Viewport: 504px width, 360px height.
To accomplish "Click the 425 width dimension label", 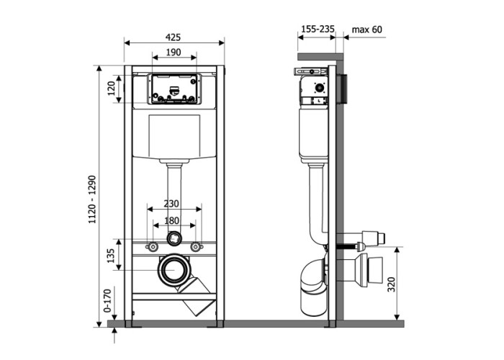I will (174, 37).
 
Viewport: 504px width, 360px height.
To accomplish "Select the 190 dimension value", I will (174, 53).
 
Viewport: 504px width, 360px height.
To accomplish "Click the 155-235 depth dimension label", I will (318, 30).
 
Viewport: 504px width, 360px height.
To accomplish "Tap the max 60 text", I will (367, 30).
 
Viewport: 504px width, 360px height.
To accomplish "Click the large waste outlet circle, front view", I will (174, 269).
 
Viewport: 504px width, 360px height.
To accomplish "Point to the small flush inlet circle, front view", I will (174, 238).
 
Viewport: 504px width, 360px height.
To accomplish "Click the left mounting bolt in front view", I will (153, 246).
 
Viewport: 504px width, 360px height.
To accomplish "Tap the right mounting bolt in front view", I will (195, 246).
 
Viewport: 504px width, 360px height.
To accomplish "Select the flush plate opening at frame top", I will (173, 89).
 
